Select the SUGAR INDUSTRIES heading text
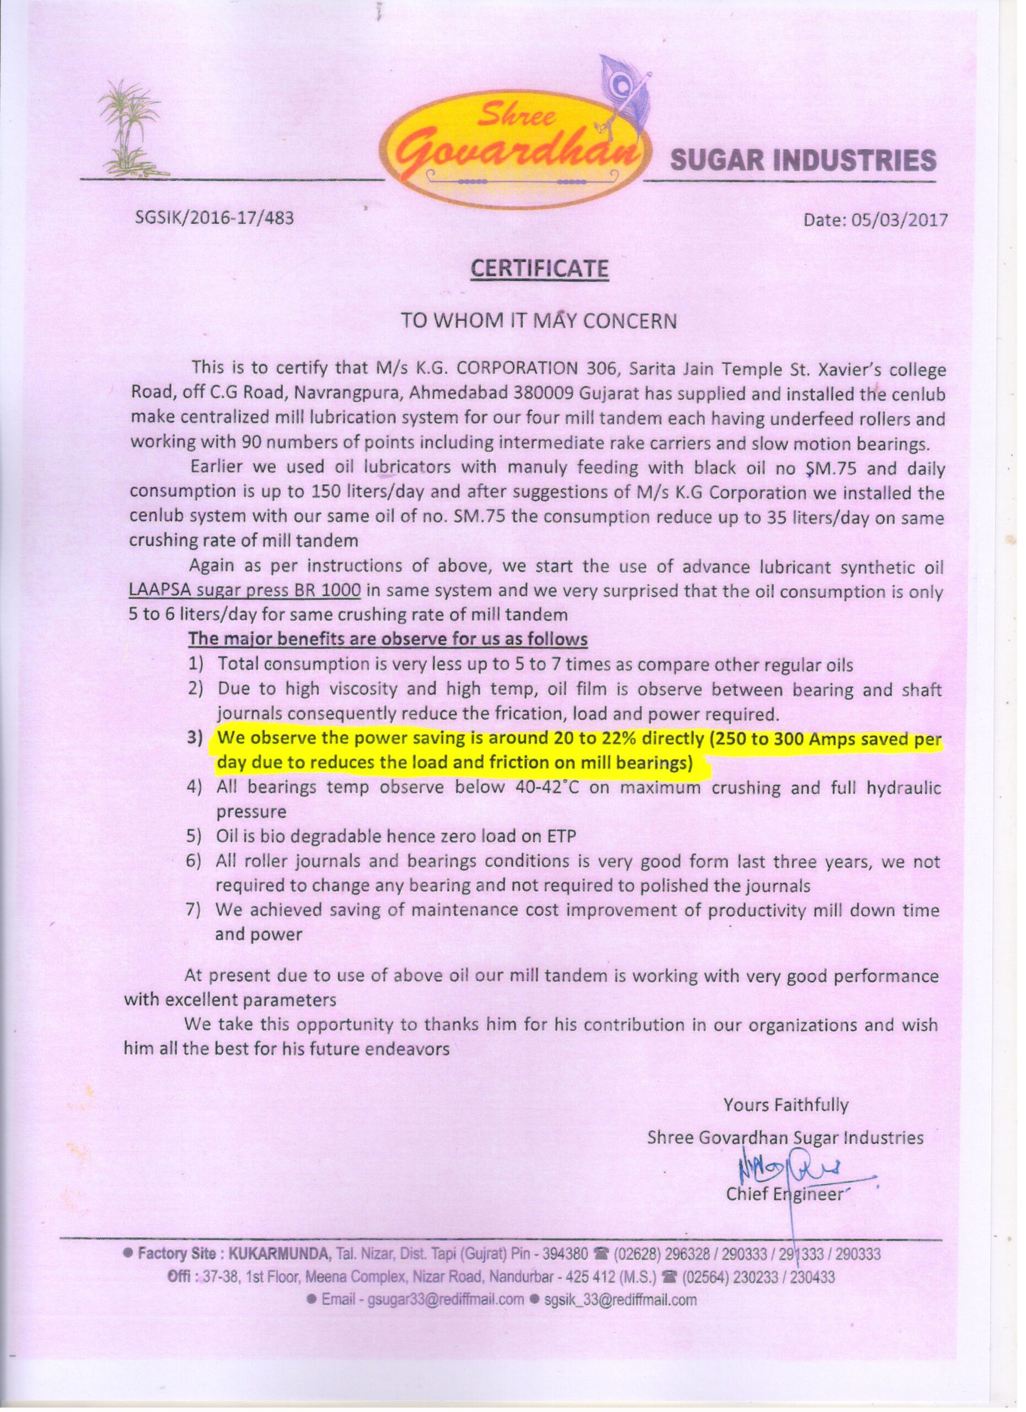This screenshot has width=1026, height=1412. click(802, 161)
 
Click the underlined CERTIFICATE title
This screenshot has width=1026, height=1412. click(539, 269)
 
